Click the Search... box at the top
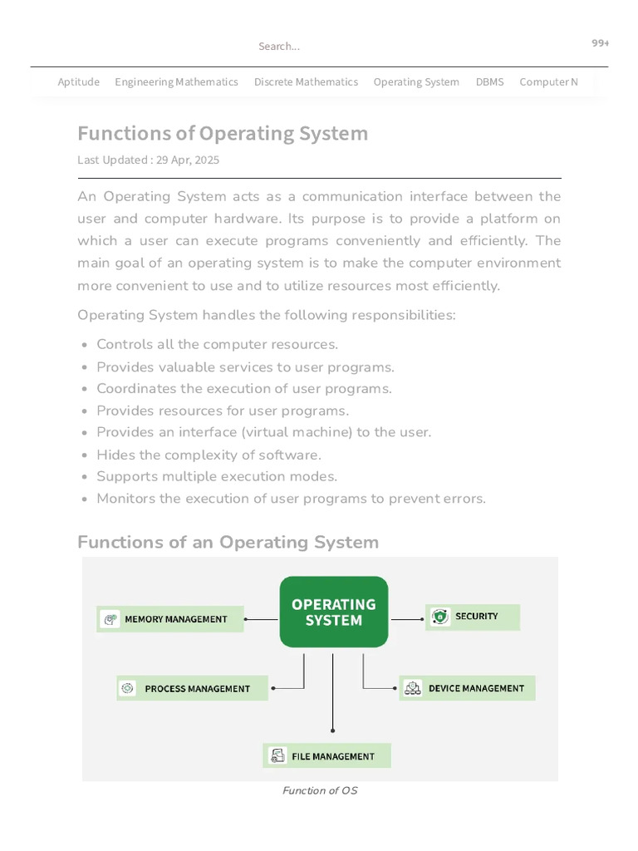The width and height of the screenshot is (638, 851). tap(279, 47)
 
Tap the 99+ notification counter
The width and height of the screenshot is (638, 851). tap(600, 43)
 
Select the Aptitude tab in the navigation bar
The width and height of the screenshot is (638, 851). tap(78, 81)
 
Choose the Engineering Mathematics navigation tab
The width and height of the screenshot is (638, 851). tap(176, 81)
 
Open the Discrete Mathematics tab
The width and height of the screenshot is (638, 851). tap(306, 81)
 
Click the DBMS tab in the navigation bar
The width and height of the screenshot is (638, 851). tap(489, 81)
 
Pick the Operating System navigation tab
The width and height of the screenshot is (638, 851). tap(416, 81)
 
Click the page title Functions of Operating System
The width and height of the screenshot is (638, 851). tap(223, 134)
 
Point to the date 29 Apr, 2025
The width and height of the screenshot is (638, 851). tap(188, 160)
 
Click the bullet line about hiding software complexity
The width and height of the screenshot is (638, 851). tap(209, 455)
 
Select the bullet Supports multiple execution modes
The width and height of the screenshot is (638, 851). tap(217, 476)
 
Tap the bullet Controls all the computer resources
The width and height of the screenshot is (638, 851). tap(217, 344)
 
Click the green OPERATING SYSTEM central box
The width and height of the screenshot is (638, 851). tap(333, 612)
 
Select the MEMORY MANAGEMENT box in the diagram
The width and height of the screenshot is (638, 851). tap(170, 619)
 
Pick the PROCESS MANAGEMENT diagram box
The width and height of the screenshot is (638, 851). tap(192, 688)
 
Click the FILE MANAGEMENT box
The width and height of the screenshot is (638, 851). tap(326, 756)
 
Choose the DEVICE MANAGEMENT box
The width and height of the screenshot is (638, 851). tap(467, 688)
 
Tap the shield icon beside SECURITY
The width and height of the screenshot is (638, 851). tap(440, 617)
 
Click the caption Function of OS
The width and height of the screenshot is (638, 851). tap(320, 790)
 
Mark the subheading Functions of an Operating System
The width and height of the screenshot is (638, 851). tap(228, 542)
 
